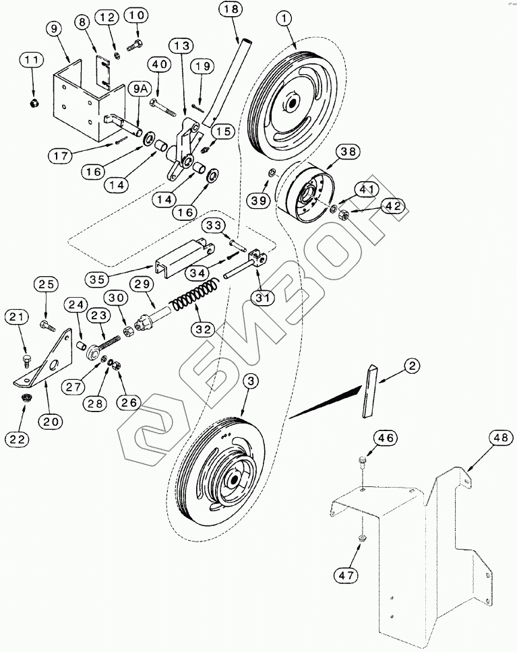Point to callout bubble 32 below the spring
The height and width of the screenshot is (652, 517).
pos(203,329)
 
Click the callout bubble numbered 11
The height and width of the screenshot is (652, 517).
pos(30,61)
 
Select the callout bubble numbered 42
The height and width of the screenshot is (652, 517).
pos(394,207)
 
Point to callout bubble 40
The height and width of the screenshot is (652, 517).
pos(159,65)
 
